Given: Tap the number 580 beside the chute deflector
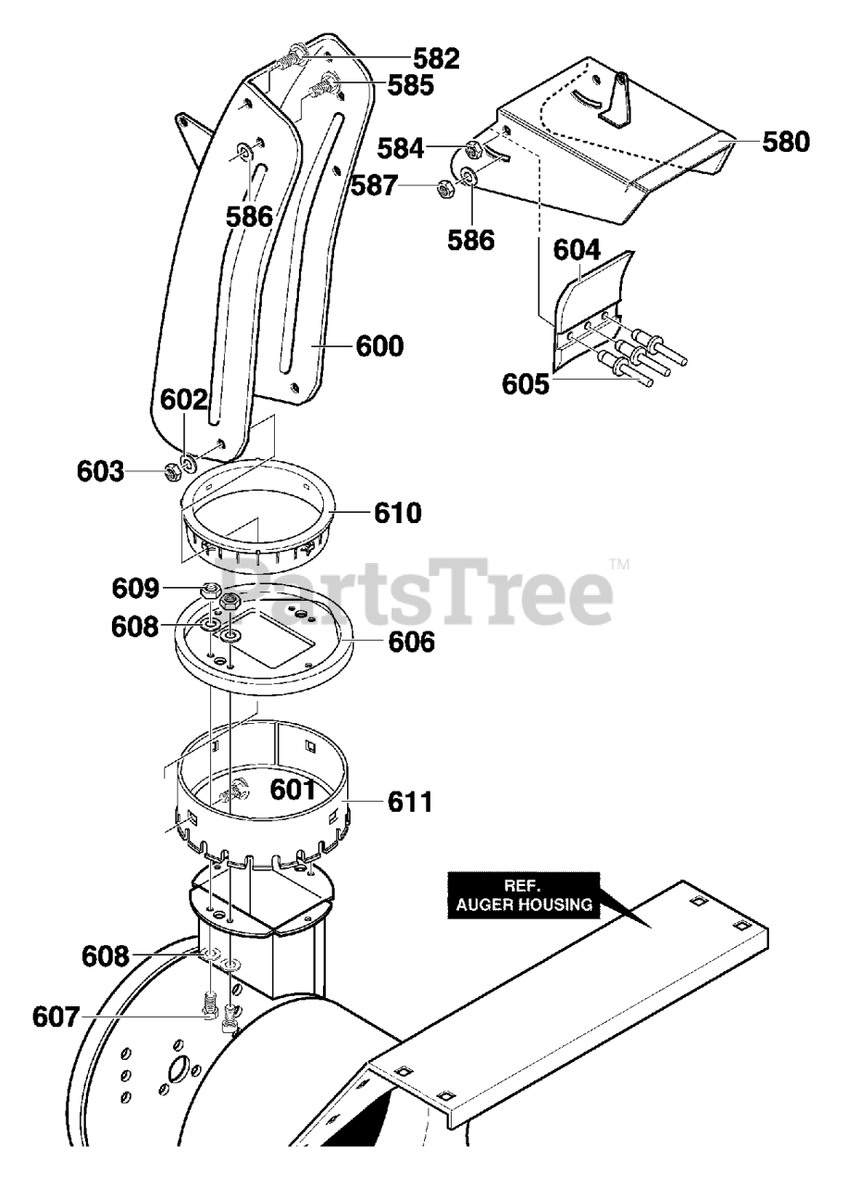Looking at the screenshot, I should point(786,143).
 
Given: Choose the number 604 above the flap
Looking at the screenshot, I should point(578,250).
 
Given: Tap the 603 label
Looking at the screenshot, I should point(101,472).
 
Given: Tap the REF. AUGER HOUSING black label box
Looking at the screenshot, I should point(523,894).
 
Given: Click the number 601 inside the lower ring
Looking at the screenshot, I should point(292,790).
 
